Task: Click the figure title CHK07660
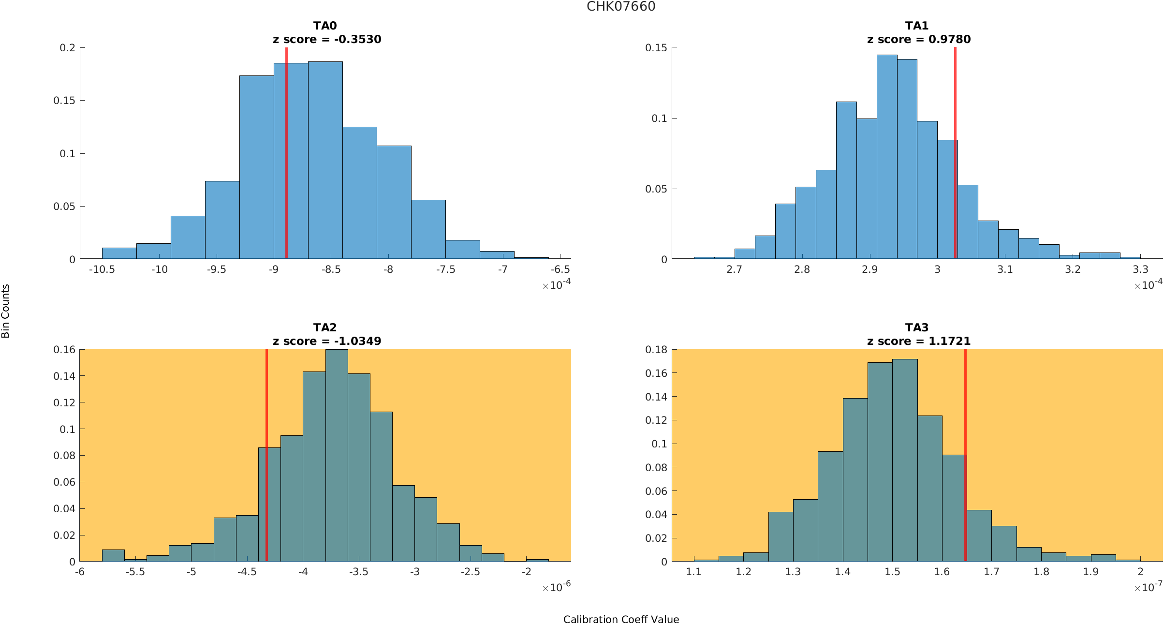point(621,7)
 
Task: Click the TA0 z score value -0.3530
point(357,40)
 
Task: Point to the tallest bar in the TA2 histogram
point(337,455)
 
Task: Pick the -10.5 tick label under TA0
point(102,270)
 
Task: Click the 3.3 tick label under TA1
point(1140,270)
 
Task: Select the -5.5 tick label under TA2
point(135,572)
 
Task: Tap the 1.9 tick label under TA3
point(1090,572)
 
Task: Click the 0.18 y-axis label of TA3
point(656,350)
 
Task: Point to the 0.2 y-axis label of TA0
point(68,48)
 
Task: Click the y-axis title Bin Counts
point(6,311)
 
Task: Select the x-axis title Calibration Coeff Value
point(621,620)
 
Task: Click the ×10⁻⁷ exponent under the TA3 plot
point(1148,587)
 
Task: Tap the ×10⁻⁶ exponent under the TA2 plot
point(556,587)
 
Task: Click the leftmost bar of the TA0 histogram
point(119,253)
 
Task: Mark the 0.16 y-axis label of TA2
point(64,350)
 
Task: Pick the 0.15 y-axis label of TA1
point(656,48)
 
